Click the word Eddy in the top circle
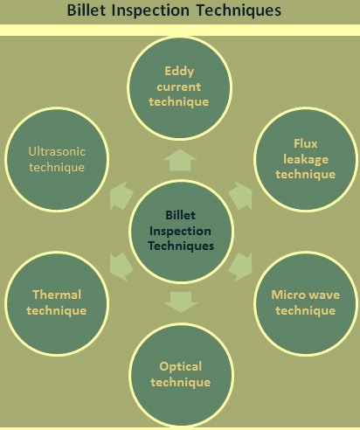coord(179,72)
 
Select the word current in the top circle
coord(179,87)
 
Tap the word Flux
coord(306,143)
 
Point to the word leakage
coord(306,159)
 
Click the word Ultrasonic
coord(57,151)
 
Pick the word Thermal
coord(57,295)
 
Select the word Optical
coord(180,367)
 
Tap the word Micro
coord(287,295)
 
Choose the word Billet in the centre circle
coord(180,215)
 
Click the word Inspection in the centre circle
coord(180,232)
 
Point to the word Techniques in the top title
coord(239,10)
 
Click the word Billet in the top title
coord(87,10)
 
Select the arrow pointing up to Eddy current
coord(180,160)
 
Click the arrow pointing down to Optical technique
coord(181,302)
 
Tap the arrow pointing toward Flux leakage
coord(241,195)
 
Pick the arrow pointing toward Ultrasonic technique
coord(121,195)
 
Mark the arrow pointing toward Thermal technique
coord(121,267)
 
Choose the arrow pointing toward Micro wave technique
coord(241,267)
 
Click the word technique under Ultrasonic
coord(57,168)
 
